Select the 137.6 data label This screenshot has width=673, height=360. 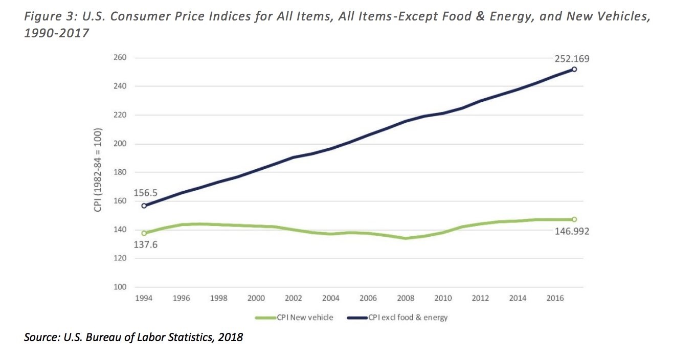coord(146,245)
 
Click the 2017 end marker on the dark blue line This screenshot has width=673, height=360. coord(574,69)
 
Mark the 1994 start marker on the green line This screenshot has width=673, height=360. coord(144,233)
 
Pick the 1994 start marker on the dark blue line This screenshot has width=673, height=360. coord(144,206)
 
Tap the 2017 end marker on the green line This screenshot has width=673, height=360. coord(574,219)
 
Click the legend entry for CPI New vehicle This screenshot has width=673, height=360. coord(295,318)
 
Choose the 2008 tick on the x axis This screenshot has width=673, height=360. coord(406,298)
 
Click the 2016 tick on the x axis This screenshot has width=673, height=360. coord(555,298)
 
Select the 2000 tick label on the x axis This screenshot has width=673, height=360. coord(256,298)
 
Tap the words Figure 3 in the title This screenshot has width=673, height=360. coord(48,17)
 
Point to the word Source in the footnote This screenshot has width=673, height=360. coord(40,338)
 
